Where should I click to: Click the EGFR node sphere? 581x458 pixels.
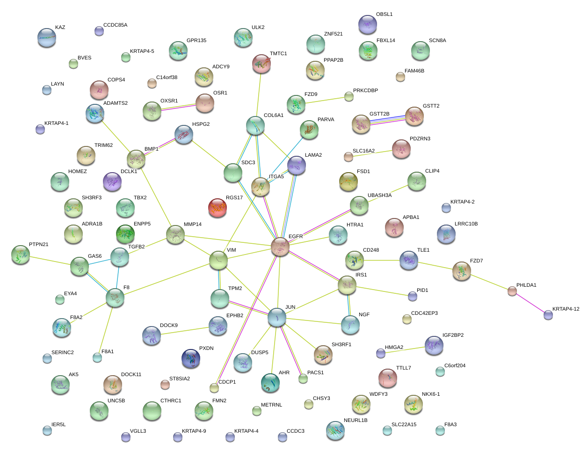[280, 246]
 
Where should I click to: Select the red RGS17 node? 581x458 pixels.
[218, 208]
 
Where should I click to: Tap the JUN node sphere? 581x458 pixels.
[277, 317]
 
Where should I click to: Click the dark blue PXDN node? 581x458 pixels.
[191, 358]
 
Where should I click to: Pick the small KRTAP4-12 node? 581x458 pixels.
[548, 315]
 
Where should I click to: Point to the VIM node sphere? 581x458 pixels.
[218, 260]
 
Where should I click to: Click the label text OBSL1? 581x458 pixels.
[384, 15]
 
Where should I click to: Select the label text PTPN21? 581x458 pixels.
[39, 244]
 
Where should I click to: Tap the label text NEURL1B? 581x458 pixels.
[356, 420]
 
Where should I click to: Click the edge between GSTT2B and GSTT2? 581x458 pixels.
[388, 120]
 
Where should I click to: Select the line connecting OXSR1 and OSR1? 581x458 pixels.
[178, 107]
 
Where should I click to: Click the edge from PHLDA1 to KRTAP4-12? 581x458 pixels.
[530, 303]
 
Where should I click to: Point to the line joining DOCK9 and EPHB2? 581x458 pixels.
[185, 331]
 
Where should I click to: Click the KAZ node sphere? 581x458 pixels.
[47, 37]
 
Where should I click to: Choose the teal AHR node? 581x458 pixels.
[270, 383]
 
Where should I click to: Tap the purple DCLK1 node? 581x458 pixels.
[112, 182]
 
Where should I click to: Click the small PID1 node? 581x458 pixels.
[412, 296]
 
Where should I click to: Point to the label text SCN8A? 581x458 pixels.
[437, 41]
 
